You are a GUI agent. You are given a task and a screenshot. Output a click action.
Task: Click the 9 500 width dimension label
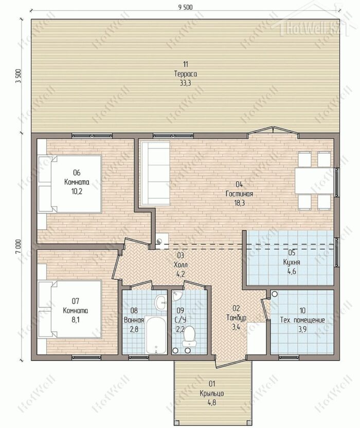pos(185,7)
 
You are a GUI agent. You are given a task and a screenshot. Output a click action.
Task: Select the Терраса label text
pos(186,74)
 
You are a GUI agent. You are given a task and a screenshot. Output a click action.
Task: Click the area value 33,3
pos(186,83)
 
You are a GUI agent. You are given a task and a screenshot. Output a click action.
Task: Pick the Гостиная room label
pos(239,194)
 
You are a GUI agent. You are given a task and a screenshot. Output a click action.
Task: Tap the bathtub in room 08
pos(155,335)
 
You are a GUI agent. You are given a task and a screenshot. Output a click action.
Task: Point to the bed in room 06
pos(70,184)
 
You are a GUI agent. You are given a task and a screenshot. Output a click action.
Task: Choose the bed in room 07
pos(70,309)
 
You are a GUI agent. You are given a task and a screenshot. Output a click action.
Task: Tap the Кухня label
pos(292,262)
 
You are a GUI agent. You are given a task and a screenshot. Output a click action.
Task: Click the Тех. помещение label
pos(302,320)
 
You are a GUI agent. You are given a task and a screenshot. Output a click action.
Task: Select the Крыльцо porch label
pos(212,394)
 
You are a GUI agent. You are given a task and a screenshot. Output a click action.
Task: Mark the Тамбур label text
pos(237,318)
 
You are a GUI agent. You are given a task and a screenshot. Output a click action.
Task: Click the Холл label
pos(181,264)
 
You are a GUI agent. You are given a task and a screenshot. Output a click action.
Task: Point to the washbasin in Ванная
pos(160,302)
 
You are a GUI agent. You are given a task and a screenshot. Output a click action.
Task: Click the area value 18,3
pos(239,203)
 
